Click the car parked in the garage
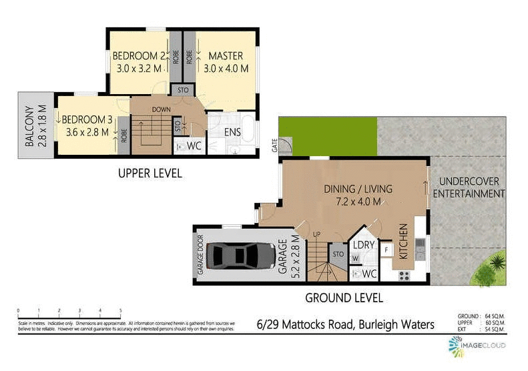click(241, 255)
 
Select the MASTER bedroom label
click(226, 55)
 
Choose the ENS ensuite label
click(232, 132)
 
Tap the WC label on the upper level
click(194, 145)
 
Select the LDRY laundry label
click(363, 246)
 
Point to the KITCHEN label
click(403, 242)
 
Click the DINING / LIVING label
click(358, 189)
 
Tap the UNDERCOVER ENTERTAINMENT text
click(469, 188)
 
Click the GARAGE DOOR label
click(200, 255)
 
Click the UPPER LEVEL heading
click(150, 173)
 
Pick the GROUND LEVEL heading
click(344, 298)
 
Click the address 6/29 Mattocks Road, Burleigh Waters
click(346, 325)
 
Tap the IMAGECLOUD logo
click(477, 346)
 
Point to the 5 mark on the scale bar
click(120, 310)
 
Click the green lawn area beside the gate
click(327, 136)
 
